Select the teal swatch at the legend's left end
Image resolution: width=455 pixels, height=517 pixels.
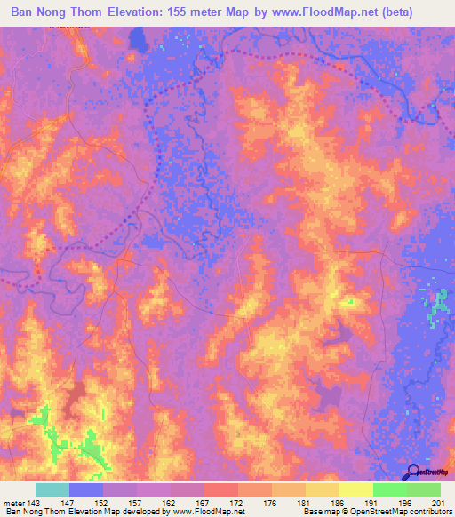(52, 489)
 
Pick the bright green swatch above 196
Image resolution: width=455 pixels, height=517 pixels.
(390, 489)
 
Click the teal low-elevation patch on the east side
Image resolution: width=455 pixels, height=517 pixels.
(436, 307)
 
